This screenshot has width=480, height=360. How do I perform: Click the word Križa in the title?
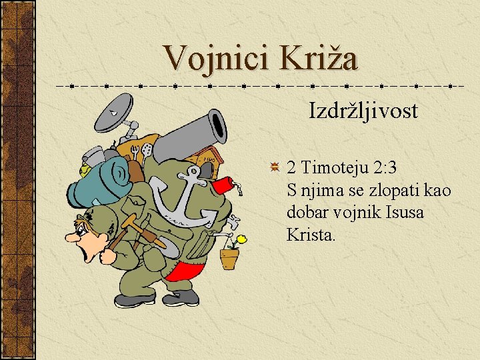click(320, 58)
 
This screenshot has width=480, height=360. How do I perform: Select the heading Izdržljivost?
click(363, 111)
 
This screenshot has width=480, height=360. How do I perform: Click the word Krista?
click(311, 235)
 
